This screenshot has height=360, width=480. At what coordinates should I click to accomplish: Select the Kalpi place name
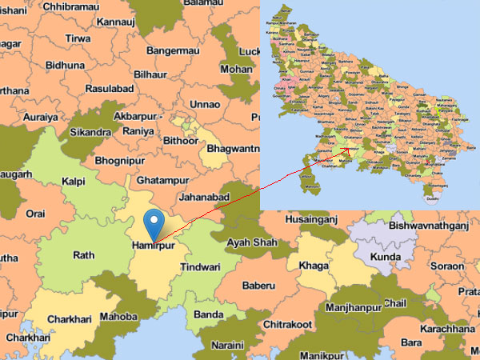74,182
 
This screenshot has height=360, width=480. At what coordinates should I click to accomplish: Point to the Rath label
84,256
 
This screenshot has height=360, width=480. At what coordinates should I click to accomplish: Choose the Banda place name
208,314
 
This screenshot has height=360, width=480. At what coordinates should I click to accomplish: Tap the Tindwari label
199,266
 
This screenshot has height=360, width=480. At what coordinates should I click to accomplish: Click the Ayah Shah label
252,242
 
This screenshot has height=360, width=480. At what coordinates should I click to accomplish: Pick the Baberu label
258,285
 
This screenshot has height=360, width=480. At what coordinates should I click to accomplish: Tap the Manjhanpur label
353,307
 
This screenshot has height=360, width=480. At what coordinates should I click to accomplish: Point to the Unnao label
206,105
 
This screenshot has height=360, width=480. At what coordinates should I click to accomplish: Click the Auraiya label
40,116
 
